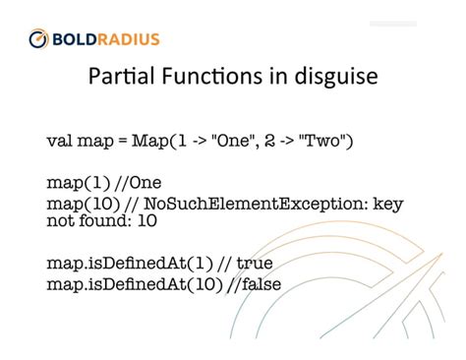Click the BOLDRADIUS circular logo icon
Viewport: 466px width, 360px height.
38,39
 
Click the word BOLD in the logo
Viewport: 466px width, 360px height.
75,39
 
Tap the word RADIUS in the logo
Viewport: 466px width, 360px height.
128,39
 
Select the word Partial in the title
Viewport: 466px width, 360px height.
120,80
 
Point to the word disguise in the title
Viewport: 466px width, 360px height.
334,82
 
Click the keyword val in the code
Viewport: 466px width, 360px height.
59,141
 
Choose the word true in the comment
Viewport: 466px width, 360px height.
253,264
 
